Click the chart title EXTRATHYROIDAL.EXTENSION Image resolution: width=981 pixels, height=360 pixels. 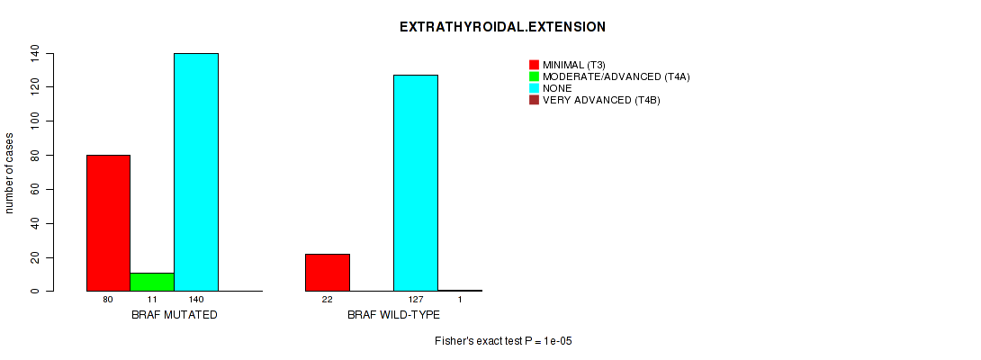point(502,27)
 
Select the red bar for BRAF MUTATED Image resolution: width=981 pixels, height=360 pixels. point(108,223)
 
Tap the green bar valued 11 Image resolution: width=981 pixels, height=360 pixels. point(152,282)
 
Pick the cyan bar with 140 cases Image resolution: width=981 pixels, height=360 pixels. point(196,172)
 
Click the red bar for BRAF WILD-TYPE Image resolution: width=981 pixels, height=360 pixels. point(328,273)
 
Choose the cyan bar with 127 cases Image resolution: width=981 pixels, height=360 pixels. point(416,183)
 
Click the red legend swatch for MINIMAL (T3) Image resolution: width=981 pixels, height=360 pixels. point(534,65)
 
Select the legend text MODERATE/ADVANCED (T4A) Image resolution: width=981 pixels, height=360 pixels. point(616,76)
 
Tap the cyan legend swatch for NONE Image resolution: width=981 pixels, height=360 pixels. point(534,88)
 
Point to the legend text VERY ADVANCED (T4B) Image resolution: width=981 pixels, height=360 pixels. point(601,100)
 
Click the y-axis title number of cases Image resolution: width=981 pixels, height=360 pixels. point(9,172)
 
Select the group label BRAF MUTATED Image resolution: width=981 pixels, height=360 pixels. point(175,315)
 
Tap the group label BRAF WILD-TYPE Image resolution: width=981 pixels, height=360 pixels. point(393,315)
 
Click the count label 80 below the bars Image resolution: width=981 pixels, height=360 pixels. point(108,300)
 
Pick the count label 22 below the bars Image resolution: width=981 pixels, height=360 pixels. point(328,300)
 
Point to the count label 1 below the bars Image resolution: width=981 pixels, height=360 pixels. point(460,300)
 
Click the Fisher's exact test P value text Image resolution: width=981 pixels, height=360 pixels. point(504,341)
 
